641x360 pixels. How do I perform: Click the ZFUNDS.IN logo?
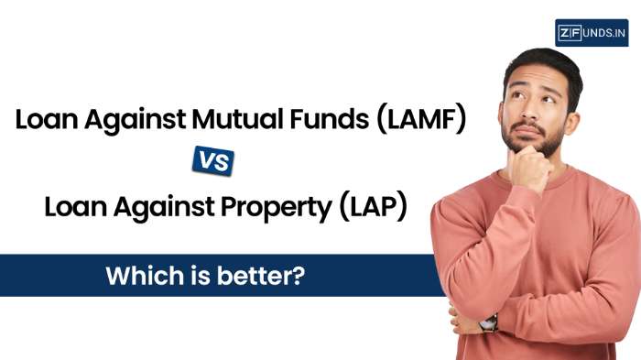592,33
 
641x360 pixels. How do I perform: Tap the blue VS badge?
213,161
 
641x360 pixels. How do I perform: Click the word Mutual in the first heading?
237,119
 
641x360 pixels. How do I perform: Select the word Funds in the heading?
329,119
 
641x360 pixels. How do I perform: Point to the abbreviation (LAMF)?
421,119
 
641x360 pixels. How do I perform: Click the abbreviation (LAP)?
374,207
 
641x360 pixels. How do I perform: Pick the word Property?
277,208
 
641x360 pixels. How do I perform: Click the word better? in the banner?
261,276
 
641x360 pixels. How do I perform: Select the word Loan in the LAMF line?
46,119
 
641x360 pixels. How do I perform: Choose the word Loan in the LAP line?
76,207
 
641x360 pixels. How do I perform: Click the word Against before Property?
164,208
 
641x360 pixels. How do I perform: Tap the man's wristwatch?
488,323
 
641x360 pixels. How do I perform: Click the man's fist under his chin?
530,167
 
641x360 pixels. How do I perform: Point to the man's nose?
530,110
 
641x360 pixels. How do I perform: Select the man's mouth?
527,131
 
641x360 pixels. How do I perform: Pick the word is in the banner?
201,276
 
